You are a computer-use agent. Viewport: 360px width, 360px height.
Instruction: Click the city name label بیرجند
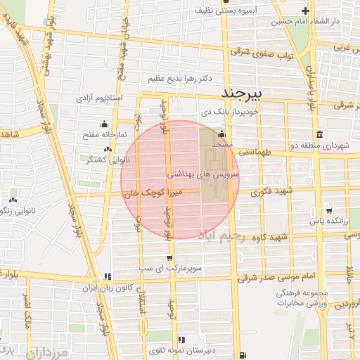point(241,94)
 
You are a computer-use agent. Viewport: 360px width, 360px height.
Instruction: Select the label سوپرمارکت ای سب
point(169,269)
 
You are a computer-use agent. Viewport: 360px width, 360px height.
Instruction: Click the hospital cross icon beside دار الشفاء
point(305,11)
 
